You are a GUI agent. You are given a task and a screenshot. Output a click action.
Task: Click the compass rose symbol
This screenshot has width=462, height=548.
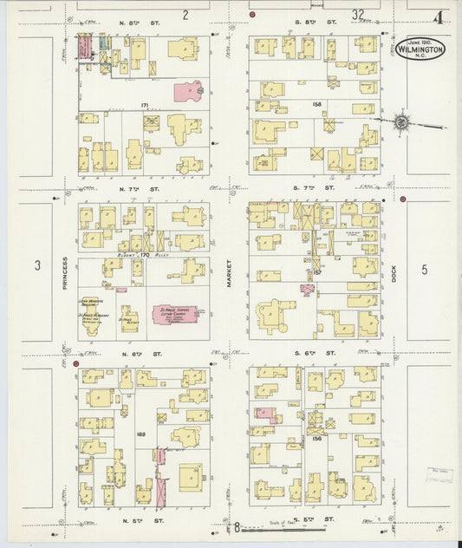pyautogui.click(x=402, y=123)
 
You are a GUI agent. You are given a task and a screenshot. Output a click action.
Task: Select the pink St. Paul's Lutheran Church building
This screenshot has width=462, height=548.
pyautogui.click(x=177, y=314)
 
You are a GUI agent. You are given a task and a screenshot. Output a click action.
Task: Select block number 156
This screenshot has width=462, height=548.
pyautogui.click(x=316, y=440)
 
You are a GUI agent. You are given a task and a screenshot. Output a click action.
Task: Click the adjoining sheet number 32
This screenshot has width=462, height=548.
pyautogui.click(x=358, y=15)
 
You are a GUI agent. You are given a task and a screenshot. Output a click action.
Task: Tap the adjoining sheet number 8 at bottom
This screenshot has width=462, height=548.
pyautogui.click(x=235, y=526)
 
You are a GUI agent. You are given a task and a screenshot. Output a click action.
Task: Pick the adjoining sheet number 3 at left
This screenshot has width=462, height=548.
pyautogui.click(x=38, y=266)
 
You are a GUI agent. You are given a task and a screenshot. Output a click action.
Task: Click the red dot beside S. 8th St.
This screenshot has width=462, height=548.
pyautogui.click(x=252, y=16)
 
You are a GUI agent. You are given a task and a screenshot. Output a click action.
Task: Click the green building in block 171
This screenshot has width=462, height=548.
pyautogui.click(x=102, y=42)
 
